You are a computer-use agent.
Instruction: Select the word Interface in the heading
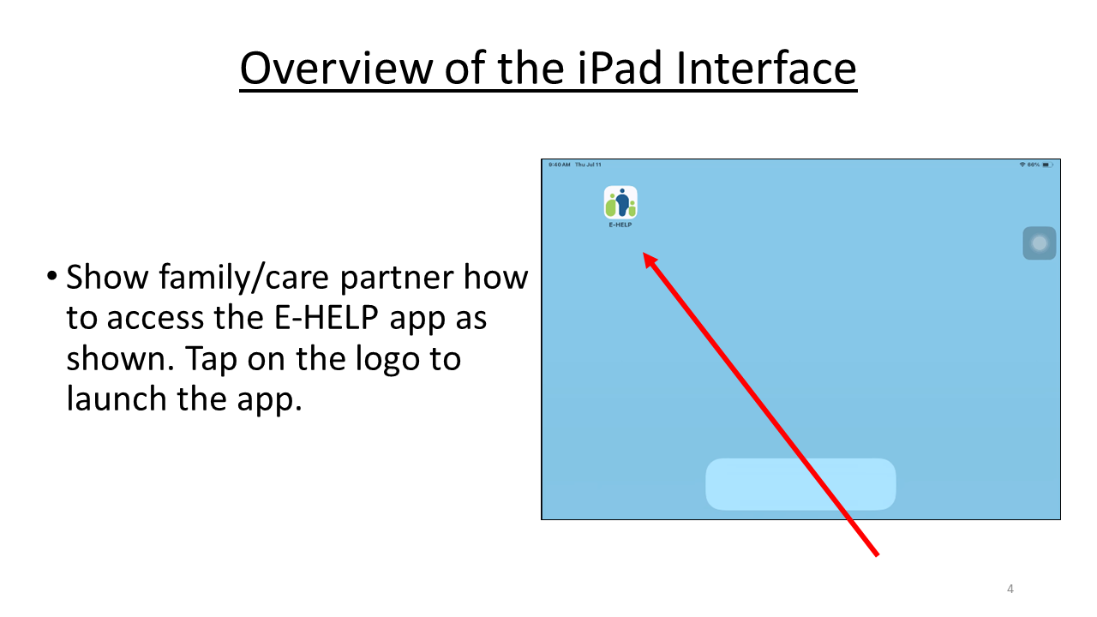766,69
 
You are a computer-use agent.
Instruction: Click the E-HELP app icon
620,202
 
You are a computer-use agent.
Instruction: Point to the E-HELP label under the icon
620,225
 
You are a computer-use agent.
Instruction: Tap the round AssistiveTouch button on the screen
1039,243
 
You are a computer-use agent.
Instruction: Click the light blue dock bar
800,484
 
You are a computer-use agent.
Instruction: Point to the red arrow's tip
645,255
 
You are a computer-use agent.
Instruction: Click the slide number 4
1010,589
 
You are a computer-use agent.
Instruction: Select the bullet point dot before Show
53,279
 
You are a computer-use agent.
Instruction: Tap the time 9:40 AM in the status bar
558,165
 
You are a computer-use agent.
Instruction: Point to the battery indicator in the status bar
1047,165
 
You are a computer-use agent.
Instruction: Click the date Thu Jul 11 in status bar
589,165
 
